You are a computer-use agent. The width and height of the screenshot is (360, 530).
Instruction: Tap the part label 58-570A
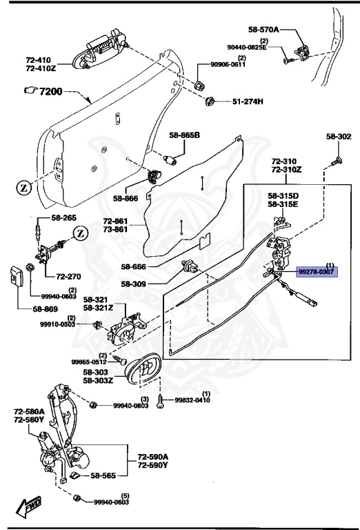(263, 30)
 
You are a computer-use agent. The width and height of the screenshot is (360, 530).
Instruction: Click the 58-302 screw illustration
(336, 161)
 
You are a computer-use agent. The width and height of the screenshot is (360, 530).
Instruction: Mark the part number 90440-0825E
(245, 48)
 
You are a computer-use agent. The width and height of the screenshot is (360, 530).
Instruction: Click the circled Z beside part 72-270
(79, 233)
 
